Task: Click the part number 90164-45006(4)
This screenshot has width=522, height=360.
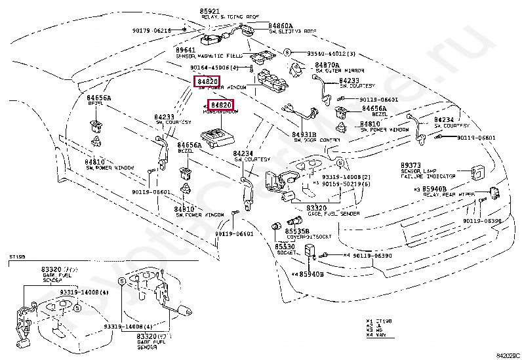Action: click(x=218, y=67)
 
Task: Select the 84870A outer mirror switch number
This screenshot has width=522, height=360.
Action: click(x=327, y=66)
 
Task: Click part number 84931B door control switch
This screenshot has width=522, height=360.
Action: click(x=306, y=134)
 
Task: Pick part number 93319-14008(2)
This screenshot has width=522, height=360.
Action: click(x=346, y=177)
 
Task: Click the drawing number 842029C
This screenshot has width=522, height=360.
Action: click(x=507, y=355)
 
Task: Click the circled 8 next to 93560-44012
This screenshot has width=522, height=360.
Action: click(x=287, y=52)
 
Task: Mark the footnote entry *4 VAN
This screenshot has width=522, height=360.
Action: click(x=376, y=336)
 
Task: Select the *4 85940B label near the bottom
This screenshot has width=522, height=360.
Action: click(x=308, y=274)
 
